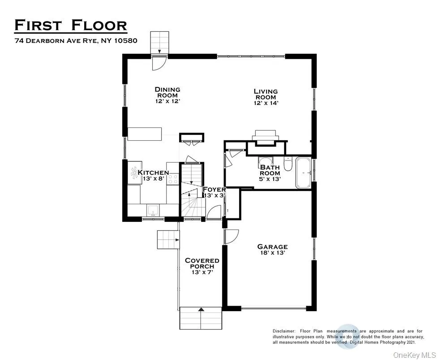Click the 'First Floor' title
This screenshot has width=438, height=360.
71,25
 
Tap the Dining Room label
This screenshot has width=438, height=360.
167,95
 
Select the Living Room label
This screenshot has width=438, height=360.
266,97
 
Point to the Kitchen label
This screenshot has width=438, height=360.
153,175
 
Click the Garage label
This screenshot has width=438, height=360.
272,249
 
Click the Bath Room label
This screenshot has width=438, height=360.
270,173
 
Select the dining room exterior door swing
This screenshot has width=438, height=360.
159,63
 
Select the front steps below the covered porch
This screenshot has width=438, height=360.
201,320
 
